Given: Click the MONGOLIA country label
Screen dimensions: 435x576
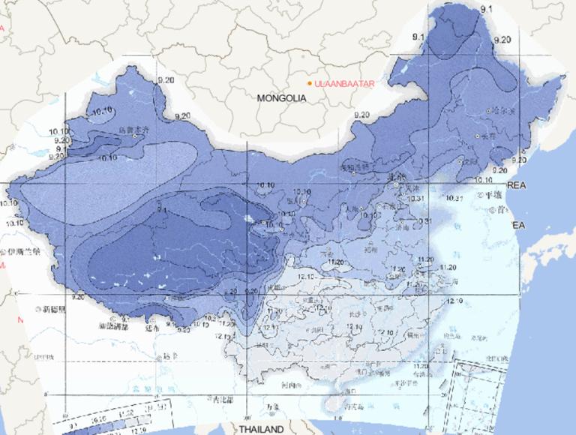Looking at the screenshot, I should (x=281, y=98).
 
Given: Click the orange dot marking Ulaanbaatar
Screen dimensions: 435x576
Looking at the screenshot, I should (x=310, y=83).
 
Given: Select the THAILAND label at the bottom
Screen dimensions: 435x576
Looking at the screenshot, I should (x=262, y=429).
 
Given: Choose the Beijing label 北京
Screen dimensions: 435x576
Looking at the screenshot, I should (x=397, y=177).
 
